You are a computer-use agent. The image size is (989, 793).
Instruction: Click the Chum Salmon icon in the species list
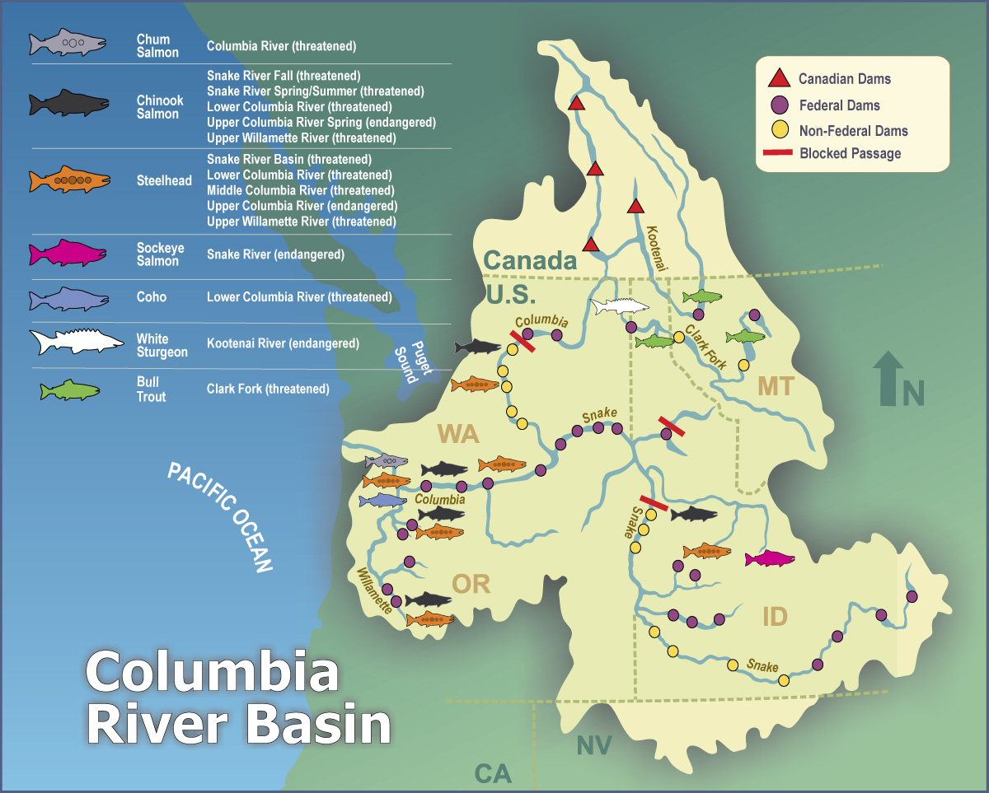pyautogui.click(x=68, y=42)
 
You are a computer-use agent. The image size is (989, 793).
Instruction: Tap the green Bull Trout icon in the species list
pyautogui.click(x=69, y=390)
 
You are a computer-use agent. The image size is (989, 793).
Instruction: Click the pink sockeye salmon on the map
pyautogui.click(x=771, y=558)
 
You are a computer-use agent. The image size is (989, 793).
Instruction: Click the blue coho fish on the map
pyautogui.click(x=382, y=501)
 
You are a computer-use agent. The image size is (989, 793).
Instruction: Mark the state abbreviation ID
pyautogui.click(x=775, y=617)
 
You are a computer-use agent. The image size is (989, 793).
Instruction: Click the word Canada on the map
pyautogui.click(x=529, y=261)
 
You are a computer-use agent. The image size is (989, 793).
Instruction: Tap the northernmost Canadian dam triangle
pyautogui.click(x=577, y=104)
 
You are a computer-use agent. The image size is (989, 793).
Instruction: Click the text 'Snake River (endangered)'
pyautogui.click(x=275, y=254)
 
